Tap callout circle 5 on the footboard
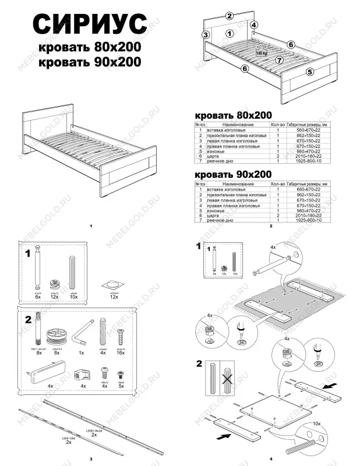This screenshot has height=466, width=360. tap(310, 72)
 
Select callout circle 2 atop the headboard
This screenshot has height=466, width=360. tap(230, 16)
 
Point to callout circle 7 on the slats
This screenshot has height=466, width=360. tap(279, 60)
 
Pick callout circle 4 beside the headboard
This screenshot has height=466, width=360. tap(254, 24)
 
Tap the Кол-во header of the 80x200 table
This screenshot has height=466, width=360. tap(278, 125)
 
